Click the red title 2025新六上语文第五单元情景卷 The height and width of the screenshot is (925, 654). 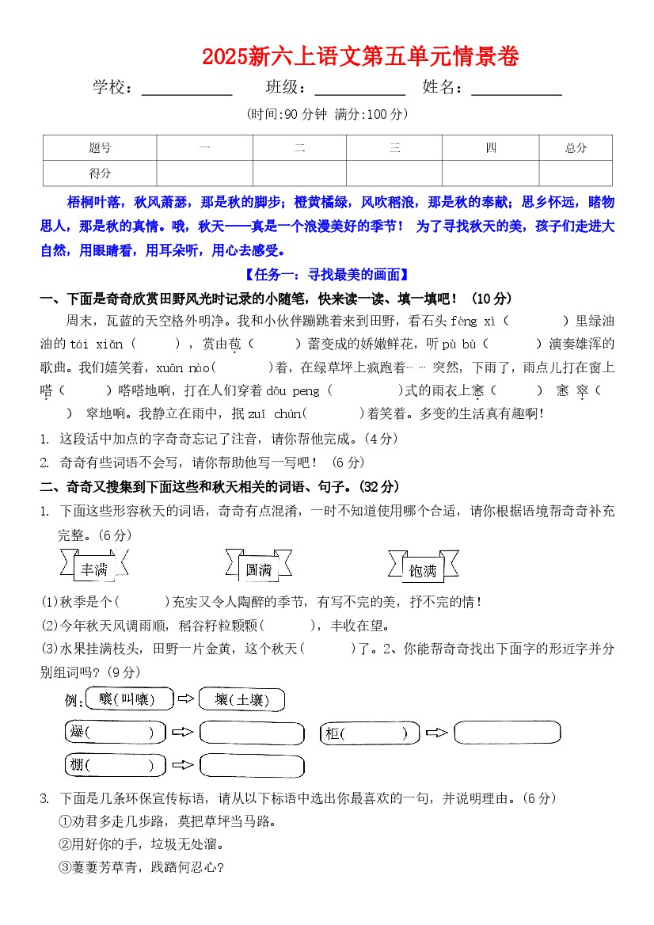point(360,57)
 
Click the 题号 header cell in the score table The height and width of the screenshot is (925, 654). point(100,148)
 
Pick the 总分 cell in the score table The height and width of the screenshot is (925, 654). point(576,148)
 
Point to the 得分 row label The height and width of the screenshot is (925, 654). point(100,173)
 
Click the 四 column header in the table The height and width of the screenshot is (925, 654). point(491,148)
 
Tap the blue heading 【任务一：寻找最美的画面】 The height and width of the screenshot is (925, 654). point(326,275)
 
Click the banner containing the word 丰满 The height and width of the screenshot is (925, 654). point(93,568)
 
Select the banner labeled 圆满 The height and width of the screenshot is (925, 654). point(258,568)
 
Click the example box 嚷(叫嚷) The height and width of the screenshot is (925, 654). point(127,699)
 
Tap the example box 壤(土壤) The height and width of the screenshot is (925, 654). point(241,699)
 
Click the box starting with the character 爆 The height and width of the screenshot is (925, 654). point(115,733)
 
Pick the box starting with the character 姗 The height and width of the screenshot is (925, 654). point(115,766)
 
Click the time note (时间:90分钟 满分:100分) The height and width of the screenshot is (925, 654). point(327,115)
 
